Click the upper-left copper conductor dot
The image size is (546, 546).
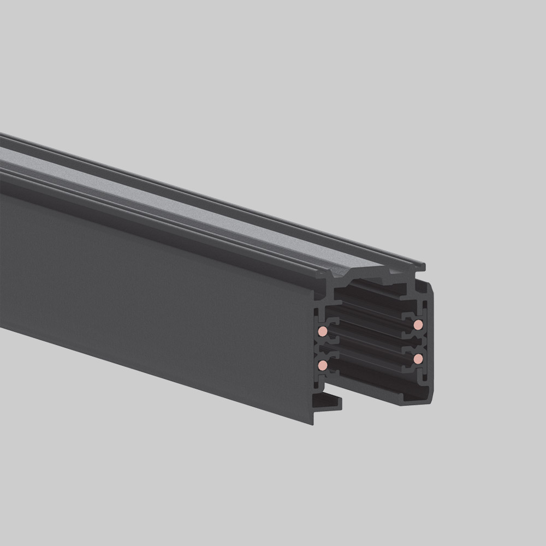tap(323, 331)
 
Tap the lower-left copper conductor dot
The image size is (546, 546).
tap(323, 364)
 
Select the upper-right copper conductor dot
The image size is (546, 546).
tap(418, 325)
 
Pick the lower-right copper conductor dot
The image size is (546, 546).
tap(418, 358)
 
